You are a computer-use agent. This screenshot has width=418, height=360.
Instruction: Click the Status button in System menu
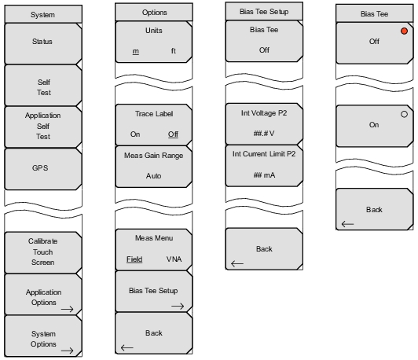(x=42, y=43)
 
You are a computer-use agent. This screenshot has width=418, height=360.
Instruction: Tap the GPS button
(x=42, y=169)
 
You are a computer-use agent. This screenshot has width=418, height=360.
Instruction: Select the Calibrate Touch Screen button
(x=42, y=252)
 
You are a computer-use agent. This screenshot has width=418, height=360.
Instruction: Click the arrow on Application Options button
(x=68, y=309)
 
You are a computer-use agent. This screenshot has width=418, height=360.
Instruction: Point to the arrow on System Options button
(x=68, y=351)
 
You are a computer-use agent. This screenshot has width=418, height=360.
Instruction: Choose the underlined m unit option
(x=136, y=51)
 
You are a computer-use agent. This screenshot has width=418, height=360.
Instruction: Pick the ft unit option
(x=174, y=50)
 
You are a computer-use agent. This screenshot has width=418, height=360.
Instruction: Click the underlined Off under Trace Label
(x=174, y=134)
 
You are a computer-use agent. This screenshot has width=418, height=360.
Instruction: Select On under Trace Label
(x=135, y=134)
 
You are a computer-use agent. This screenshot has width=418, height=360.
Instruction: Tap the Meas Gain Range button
(x=154, y=167)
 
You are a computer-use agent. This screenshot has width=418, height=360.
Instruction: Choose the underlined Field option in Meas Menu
(x=134, y=259)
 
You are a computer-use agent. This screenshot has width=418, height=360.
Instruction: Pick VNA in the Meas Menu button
(x=174, y=259)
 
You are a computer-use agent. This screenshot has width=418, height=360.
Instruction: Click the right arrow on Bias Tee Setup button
(x=178, y=306)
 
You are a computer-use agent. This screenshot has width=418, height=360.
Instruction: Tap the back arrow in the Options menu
(x=127, y=347)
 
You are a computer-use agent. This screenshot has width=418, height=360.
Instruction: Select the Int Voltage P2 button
(x=264, y=123)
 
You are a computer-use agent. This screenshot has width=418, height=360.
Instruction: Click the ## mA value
(x=264, y=175)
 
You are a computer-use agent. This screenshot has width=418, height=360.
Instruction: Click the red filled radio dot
(x=404, y=31)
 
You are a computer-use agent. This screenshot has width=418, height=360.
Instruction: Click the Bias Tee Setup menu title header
(x=264, y=11)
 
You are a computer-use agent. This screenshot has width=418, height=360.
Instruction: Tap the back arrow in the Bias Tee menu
(x=347, y=224)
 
